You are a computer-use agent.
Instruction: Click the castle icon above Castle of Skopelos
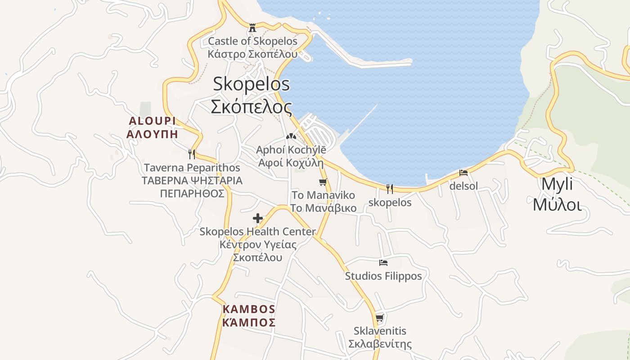[252, 27]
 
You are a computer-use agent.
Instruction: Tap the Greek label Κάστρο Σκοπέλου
[252, 54]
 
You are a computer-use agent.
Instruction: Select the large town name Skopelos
[251, 84]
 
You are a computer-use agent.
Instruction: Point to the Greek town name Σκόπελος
[251, 107]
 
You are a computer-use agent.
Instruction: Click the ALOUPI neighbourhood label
[152, 121]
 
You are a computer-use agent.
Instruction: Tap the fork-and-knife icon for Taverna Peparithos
[192, 154]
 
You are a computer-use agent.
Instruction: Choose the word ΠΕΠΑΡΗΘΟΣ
[192, 193]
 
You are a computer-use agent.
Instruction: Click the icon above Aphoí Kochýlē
[291, 136]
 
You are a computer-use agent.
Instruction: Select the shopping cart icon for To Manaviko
[323, 182]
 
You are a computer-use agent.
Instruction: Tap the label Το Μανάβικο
[323, 208]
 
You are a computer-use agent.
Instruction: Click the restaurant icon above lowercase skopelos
[390, 189]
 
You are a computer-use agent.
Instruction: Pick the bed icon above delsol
[463, 173]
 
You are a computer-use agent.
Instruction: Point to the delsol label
[463, 186]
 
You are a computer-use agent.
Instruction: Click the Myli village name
[557, 184]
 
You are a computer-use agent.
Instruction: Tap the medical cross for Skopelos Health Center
[258, 218]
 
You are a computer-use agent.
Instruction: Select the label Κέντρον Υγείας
[258, 245]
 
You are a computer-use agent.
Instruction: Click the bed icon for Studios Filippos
[383, 263]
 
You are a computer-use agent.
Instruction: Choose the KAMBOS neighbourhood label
[249, 309]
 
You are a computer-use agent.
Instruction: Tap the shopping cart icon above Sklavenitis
[380, 318]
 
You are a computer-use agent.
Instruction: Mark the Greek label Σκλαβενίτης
[380, 344]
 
